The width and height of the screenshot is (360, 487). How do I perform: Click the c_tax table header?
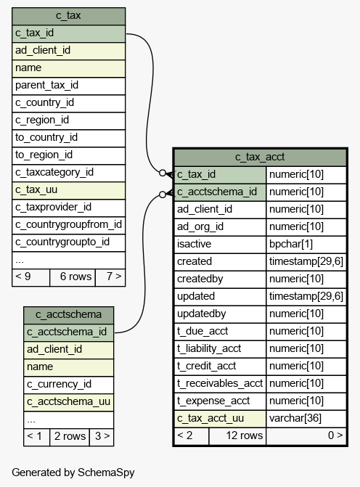(x=69, y=16)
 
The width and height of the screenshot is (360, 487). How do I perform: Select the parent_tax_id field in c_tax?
(x=69, y=86)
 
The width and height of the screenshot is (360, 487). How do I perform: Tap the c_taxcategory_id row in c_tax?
(x=69, y=173)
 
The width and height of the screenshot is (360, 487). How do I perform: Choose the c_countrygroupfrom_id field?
(x=69, y=225)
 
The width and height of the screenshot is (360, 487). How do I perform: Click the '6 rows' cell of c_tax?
(x=73, y=277)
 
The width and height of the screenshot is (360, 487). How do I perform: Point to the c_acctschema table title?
(x=69, y=315)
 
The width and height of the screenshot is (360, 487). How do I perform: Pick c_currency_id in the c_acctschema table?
(x=69, y=385)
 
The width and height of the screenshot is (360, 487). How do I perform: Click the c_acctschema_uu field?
(x=69, y=402)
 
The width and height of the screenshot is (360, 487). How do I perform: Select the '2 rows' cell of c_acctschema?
(x=70, y=437)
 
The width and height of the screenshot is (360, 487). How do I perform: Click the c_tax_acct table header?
(x=260, y=157)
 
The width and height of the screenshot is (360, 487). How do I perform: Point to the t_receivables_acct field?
(x=220, y=384)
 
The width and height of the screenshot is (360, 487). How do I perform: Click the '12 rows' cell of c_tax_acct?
(x=237, y=435)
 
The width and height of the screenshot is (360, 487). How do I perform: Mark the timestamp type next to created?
(x=306, y=262)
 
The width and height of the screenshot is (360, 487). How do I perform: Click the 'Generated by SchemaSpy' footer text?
(x=73, y=472)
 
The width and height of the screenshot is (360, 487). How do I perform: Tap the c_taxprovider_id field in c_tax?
(x=69, y=208)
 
